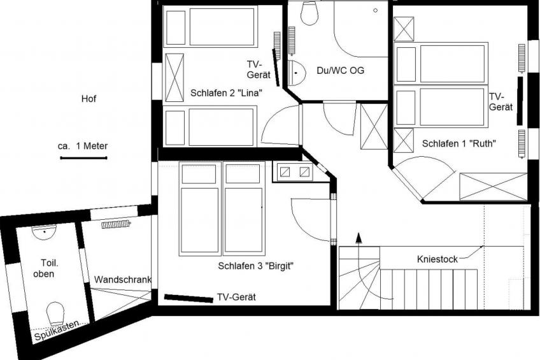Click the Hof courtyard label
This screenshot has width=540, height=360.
(x=89, y=99)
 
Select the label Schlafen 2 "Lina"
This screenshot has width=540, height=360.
(x=227, y=93)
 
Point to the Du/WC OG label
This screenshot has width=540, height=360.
(x=341, y=71)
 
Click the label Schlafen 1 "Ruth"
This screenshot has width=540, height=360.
(x=459, y=144)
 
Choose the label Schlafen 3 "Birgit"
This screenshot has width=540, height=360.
(x=255, y=266)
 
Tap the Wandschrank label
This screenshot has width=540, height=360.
(x=123, y=280)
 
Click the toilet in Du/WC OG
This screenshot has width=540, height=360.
(x=309, y=13)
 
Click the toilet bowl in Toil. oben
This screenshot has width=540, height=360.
(x=56, y=312)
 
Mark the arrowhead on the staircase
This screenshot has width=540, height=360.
(x=359, y=238)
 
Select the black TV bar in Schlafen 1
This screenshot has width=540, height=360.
(x=520, y=100)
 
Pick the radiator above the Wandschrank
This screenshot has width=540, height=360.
(x=115, y=224)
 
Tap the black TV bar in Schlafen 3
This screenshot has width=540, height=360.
(x=188, y=298)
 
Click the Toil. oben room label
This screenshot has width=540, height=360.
(x=44, y=268)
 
